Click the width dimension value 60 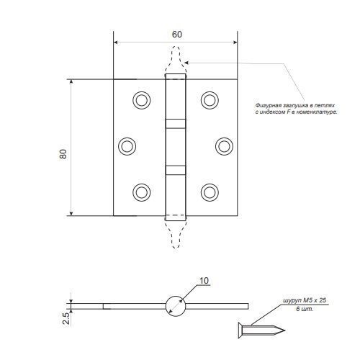(x=177, y=35)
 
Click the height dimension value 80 (x=63, y=154)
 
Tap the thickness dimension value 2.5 (x=66, y=318)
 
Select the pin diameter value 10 (x=204, y=281)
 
